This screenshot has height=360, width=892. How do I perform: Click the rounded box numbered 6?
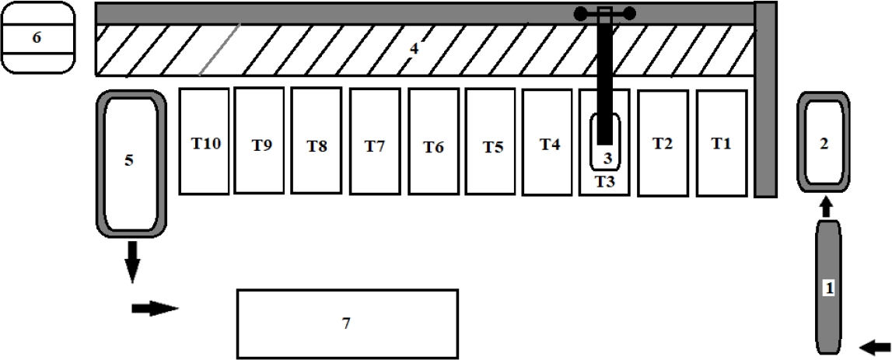pos(37,37)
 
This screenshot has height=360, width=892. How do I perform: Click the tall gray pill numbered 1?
pos(828,287)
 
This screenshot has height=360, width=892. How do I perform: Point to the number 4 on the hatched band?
pos(415,49)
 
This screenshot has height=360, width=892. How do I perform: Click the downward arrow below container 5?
pos(132,260)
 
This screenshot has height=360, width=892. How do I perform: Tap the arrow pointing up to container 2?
pos(827,207)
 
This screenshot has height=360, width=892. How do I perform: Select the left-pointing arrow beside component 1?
pos(876,346)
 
